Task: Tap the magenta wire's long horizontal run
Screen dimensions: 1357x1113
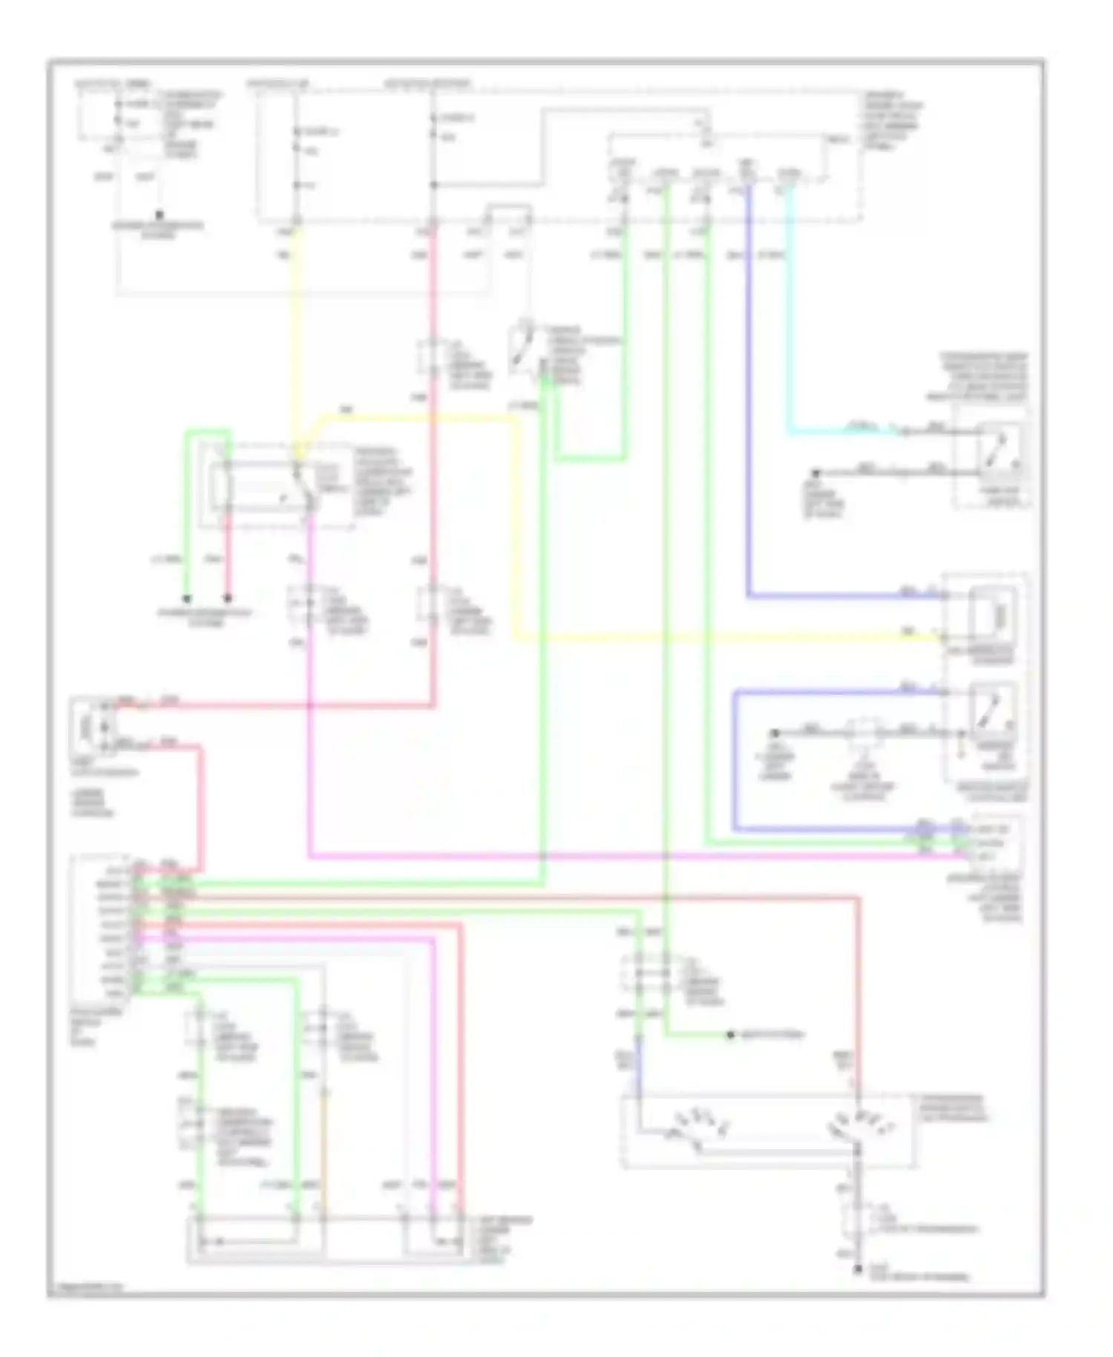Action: click(x=594, y=856)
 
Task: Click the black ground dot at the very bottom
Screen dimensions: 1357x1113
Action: click(x=857, y=1270)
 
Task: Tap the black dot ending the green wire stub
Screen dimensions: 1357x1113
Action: click(x=730, y=1035)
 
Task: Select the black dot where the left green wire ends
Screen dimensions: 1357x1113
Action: click(x=187, y=598)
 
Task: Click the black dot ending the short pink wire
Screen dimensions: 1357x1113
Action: click(x=228, y=598)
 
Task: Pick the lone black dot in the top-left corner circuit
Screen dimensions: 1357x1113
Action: click(x=159, y=216)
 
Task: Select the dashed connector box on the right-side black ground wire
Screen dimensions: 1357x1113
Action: click(x=866, y=732)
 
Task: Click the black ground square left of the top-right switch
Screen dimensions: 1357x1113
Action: click(x=815, y=472)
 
